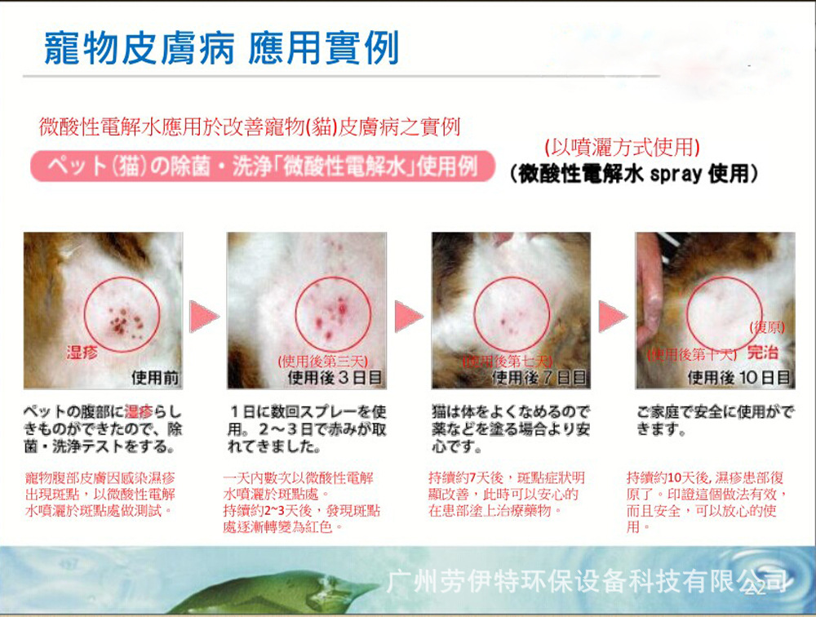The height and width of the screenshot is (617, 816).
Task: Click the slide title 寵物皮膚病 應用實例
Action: [221, 50]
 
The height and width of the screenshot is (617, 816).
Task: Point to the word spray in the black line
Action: [677, 174]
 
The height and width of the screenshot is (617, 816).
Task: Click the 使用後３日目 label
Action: [336, 378]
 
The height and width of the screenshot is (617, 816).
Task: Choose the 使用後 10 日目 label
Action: [739, 378]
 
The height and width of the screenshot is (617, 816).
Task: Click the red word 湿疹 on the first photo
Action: [82, 352]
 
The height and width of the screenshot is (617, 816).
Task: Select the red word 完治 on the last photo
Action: [763, 353]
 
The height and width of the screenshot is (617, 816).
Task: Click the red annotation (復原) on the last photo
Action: [767, 327]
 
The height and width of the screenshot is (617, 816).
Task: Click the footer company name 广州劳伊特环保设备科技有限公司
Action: [588, 582]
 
